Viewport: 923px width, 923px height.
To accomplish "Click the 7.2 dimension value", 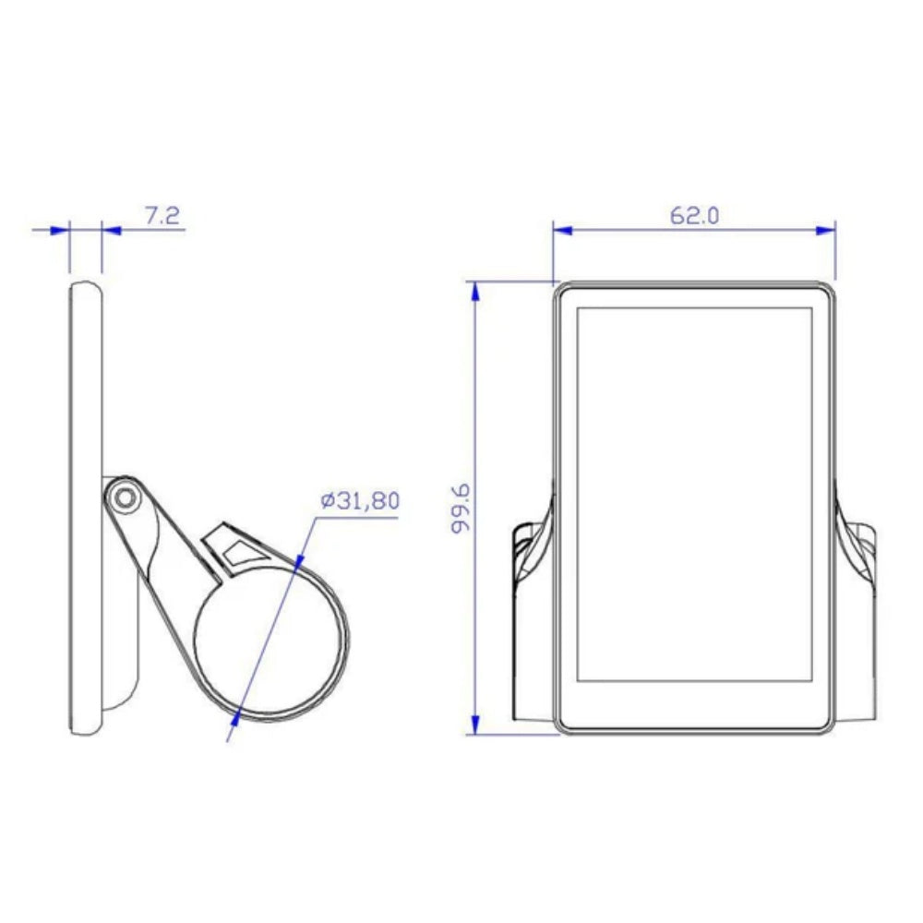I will click(162, 216).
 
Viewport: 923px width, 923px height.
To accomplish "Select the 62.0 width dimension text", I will click(693, 216).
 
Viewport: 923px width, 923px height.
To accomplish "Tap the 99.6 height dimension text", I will click(461, 508).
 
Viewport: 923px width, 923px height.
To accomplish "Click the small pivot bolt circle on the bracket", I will click(123, 498).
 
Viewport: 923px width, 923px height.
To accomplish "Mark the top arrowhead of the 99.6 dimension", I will click(475, 292).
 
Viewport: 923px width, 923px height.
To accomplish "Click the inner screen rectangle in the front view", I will click(693, 494).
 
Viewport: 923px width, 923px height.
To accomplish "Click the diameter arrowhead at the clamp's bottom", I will click(238, 713).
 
